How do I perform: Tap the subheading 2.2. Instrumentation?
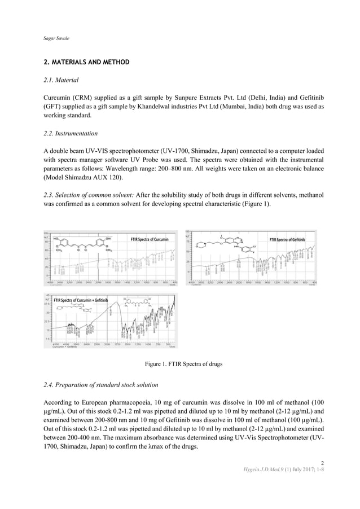click(71, 134)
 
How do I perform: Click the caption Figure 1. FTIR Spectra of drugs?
click(179, 364)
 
